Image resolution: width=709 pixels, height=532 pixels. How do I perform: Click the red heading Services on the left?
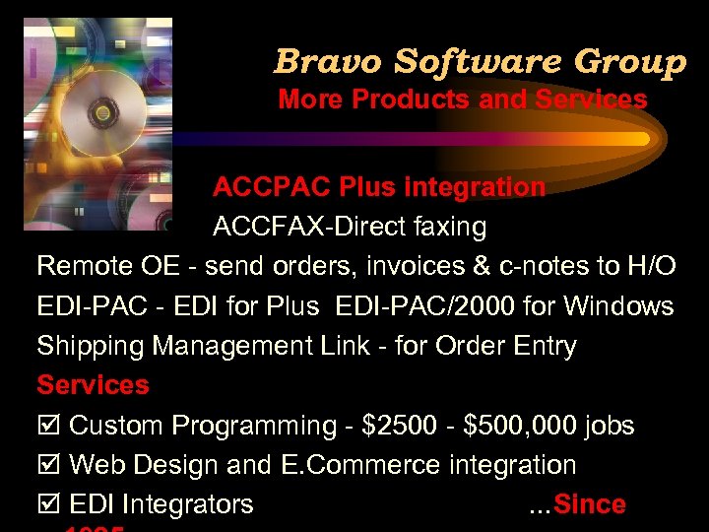pyautogui.click(x=93, y=385)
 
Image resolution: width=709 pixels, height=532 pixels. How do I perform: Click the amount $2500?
pyautogui.click(x=395, y=426)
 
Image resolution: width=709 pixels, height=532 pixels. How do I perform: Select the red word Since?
pyautogui.click(x=590, y=504)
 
